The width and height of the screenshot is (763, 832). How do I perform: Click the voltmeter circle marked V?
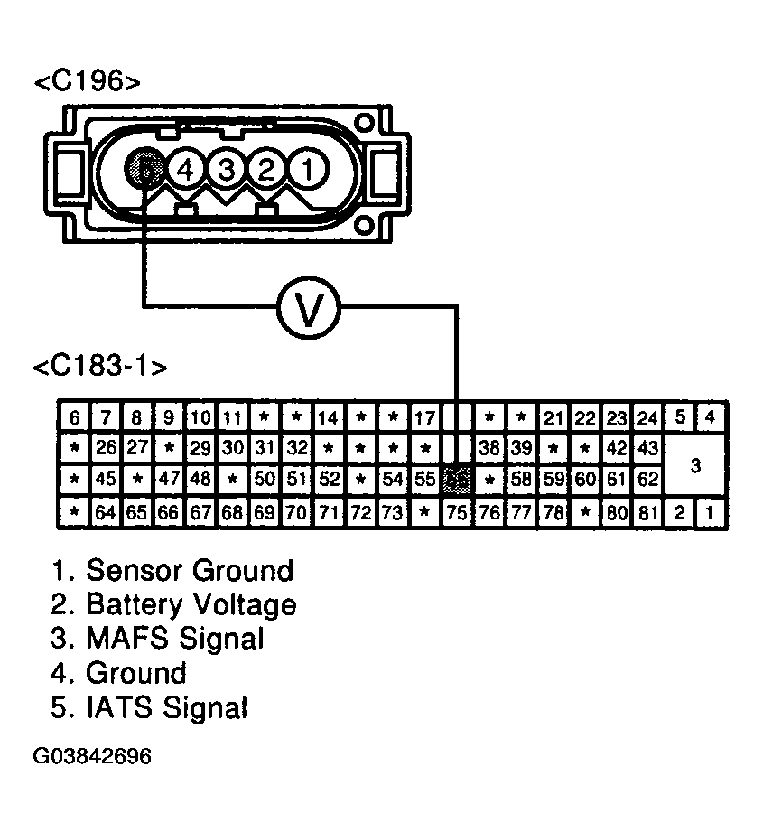click(308, 309)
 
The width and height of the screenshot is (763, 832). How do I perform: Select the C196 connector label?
click(87, 82)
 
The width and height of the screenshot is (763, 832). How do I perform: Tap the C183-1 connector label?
click(99, 367)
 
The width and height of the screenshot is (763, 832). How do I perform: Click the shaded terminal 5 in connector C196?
click(147, 167)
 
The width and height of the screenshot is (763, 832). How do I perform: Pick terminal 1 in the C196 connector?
click(307, 167)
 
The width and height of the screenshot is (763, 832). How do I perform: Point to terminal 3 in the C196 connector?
click(227, 167)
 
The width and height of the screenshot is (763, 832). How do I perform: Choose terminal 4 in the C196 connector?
click(186, 167)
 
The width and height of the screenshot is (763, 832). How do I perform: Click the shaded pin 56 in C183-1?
click(458, 479)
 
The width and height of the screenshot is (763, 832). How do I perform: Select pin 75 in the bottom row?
click(458, 512)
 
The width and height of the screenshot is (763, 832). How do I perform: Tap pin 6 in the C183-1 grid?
click(74, 417)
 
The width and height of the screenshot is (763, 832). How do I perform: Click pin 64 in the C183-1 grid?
click(107, 512)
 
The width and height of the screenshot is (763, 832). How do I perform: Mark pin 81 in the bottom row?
click(647, 512)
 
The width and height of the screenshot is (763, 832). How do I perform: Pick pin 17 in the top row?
click(424, 417)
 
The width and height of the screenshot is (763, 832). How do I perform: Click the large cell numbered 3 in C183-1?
click(695, 465)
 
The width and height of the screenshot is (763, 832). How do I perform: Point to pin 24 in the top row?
click(647, 417)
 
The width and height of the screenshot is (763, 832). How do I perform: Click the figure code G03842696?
click(93, 755)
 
